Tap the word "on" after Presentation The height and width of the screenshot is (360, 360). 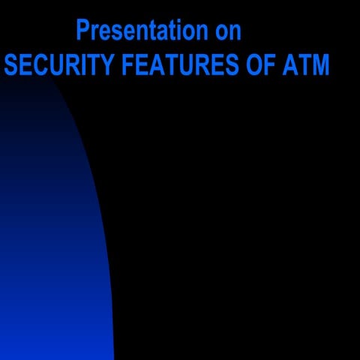pyautogui.click(x=228, y=31)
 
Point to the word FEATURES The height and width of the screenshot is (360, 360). pyautogui.click(x=173, y=65)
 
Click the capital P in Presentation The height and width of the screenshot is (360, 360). pyautogui.click(x=83, y=31)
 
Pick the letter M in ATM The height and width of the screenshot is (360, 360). pyautogui.click(x=320, y=65)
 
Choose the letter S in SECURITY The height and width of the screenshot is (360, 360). pyautogui.click(x=11, y=65)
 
